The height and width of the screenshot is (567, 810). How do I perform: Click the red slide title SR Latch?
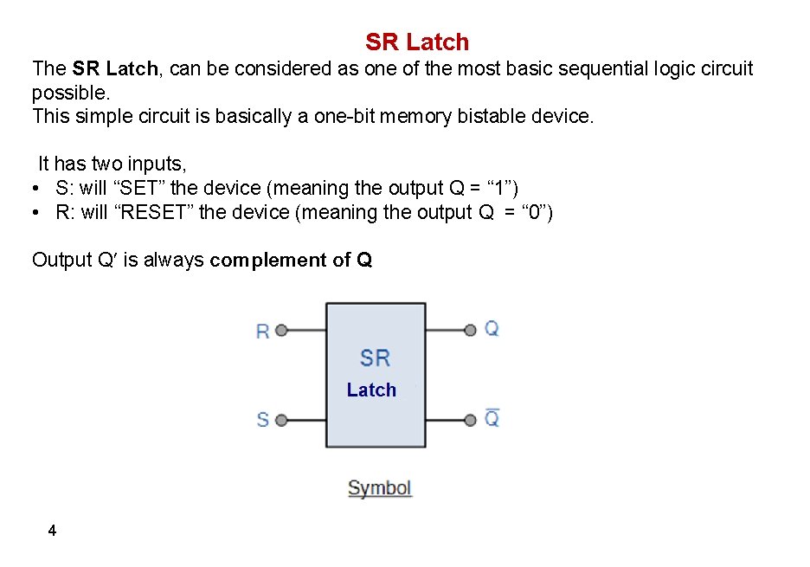[417, 42]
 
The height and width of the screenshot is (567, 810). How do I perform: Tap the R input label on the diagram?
[263, 331]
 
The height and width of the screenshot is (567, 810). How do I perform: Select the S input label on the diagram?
[263, 420]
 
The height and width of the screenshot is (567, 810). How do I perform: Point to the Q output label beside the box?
[492, 328]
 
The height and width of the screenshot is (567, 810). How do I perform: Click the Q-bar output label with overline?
[492, 419]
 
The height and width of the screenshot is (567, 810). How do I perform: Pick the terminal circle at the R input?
[280, 330]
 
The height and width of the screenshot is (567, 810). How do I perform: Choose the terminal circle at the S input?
[280, 421]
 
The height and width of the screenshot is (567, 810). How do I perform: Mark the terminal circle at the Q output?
[471, 330]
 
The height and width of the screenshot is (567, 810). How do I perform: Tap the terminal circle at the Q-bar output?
[471, 421]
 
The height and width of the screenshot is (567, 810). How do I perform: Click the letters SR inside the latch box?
[375, 358]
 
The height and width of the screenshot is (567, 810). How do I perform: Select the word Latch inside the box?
[371, 390]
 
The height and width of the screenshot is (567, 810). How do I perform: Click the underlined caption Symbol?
[379, 488]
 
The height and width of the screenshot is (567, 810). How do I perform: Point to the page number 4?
[53, 531]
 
